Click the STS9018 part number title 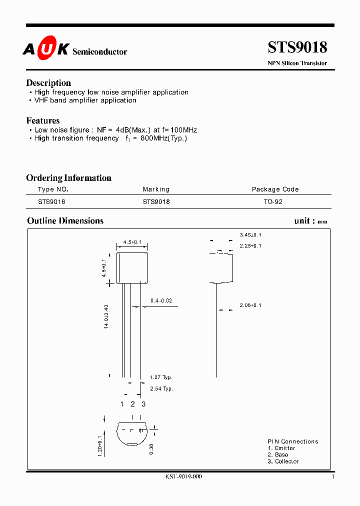[297, 47]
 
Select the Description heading [48, 83]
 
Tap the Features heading [43, 120]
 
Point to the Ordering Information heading [68, 178]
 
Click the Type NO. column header [53, 189]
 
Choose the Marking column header [156, 189]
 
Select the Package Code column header [275, 189]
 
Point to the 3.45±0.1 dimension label [250, 235]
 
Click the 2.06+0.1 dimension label [250, 305]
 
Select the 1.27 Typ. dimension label [161, 377]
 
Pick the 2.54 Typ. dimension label [161, 388]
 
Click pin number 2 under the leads [132, 404]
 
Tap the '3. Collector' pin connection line [283, 461]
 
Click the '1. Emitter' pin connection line [281, 448]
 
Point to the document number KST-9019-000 [183, 477]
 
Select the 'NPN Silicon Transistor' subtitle [297, 63]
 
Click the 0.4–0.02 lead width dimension [161, 300]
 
